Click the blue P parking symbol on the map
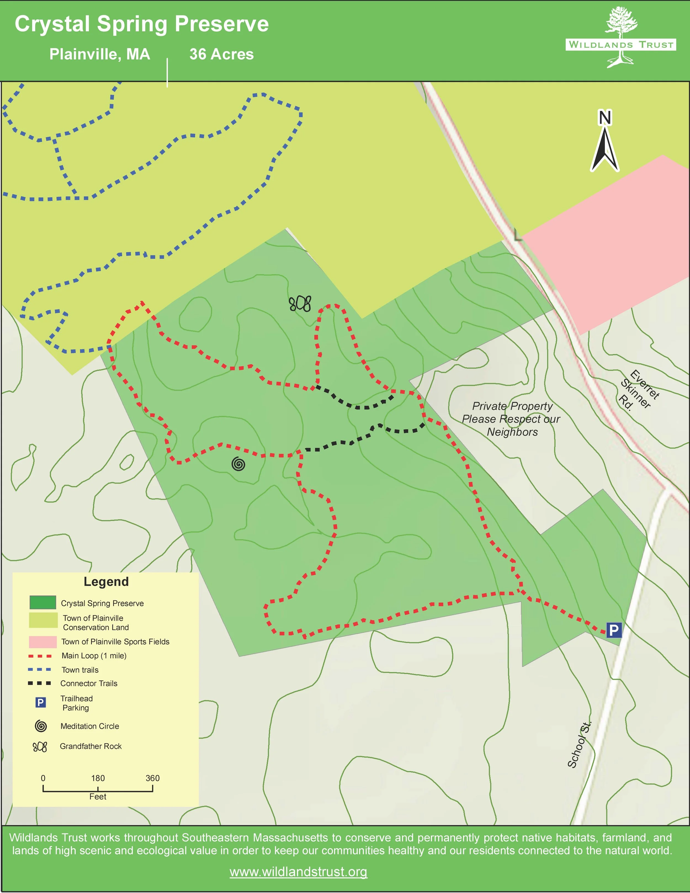614,630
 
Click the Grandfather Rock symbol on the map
300,304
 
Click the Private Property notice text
511,419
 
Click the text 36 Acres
222,54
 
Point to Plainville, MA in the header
100,54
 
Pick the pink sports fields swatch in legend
43,642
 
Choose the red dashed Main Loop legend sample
40,656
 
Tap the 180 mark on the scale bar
98,778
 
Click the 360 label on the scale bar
152,778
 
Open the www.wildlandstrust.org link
298,872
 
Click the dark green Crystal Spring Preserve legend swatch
43,603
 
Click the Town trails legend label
80,670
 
